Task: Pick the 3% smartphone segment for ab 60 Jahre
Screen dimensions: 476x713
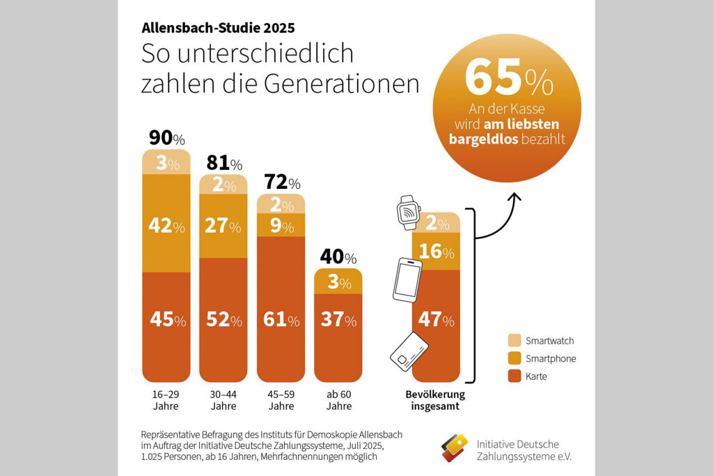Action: click(x=338, y=282)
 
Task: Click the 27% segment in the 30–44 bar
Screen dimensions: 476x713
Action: click(x=224, y=227)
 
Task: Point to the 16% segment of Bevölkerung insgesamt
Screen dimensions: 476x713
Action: click(x=436, y=252)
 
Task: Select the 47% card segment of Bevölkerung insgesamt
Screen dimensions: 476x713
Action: click(x=436, y=320)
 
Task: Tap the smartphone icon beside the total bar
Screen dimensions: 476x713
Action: click(x=407, y=279)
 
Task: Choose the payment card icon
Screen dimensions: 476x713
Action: click(x=408, y=351)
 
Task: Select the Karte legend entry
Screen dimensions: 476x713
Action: click(x=535, y=376)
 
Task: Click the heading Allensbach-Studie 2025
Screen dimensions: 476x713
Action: click(x=218, y=29)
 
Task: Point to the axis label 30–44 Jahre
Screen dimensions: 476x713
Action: click(x=224, y=400)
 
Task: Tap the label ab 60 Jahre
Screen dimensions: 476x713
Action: click(x=338, y=400)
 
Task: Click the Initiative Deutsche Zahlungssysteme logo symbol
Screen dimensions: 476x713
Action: click(x=454, y=447)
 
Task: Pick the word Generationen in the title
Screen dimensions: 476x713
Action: click(x=341, y=84)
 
